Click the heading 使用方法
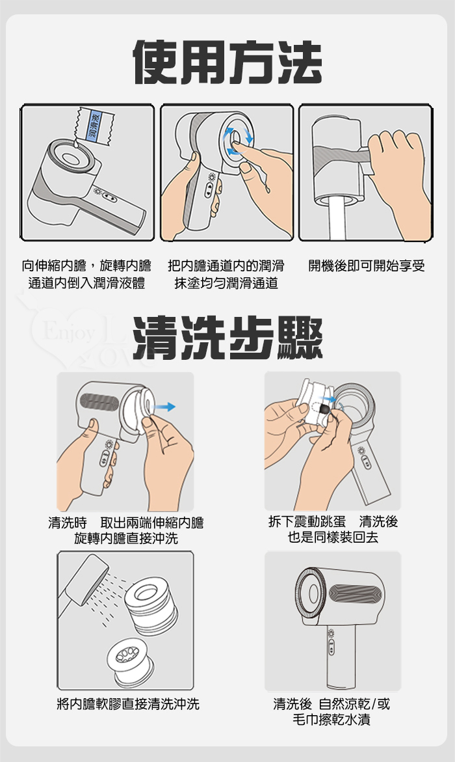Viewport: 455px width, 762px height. pyautogui.click(x=227, y=62)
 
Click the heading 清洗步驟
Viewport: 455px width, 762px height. pyautogui.click(x=227, y=337)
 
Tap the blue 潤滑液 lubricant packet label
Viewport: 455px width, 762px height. pyautogui.click(x=94, y=126)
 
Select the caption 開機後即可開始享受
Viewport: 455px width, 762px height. pyautogui.click(x=367, y=266)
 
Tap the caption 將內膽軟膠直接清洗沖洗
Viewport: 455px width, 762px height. pyautogui.click(x=128, y=703)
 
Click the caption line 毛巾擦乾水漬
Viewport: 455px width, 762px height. pyautogui.click(x=331, y=719)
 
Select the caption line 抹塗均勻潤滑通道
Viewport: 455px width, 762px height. pyautogui.click(x=226, y=283)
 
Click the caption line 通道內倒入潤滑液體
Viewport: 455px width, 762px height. pyautogui.click(x=87, y=283)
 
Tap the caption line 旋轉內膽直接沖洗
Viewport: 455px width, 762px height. pyautogui.click(x=126, y=538)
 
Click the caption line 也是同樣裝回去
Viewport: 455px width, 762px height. pyautogui.click(x=333, y=537)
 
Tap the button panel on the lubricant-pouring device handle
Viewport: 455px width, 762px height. pyautogui.click(x=109, y=198)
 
